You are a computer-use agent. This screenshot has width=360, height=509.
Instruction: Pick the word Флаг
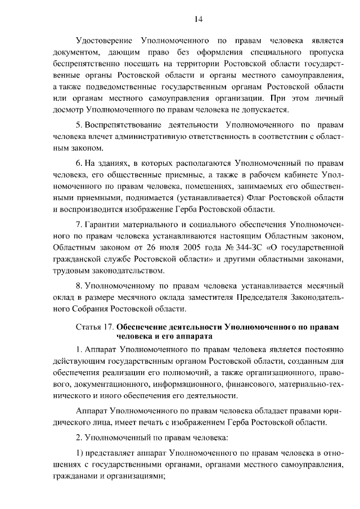251,199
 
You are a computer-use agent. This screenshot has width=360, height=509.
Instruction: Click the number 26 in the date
165,247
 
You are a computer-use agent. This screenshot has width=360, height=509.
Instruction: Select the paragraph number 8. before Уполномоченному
79,285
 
